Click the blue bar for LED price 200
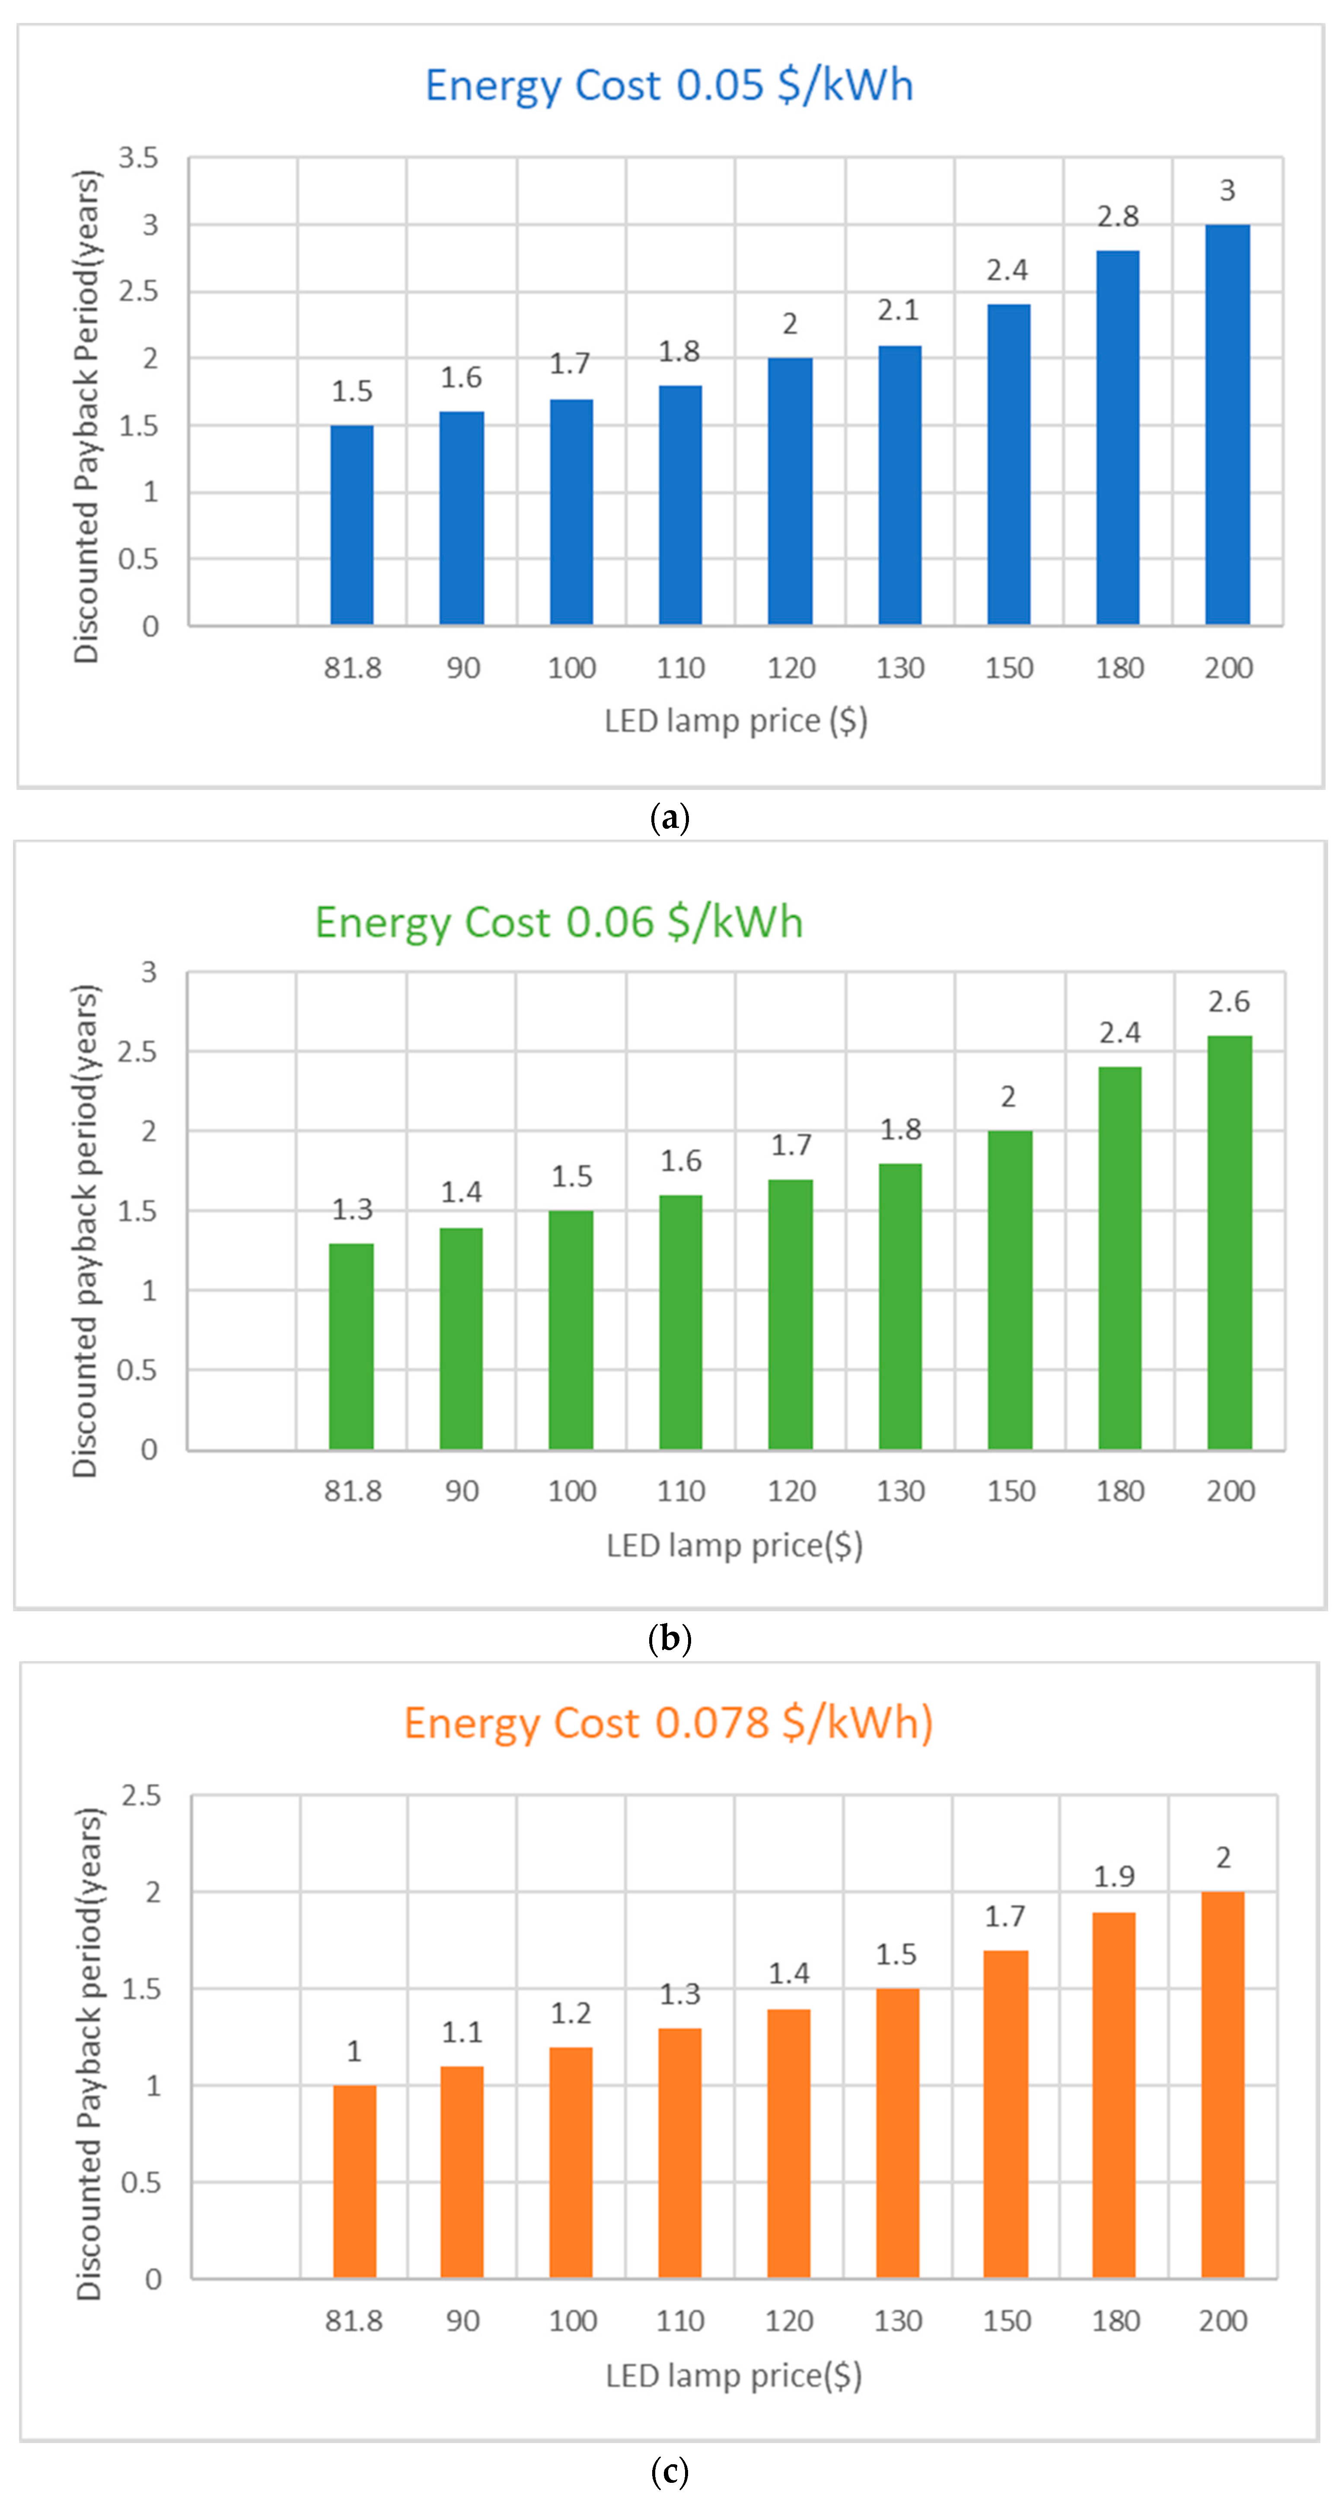[x=1227, y=425]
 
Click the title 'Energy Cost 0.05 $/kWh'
[x=669, y=86]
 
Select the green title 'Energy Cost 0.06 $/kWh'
[x=559, y=922]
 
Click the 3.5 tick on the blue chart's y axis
[x=138, y=157]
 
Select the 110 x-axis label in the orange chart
[x=680, y=2321]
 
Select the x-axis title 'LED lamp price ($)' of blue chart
[x=735, y=721]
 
